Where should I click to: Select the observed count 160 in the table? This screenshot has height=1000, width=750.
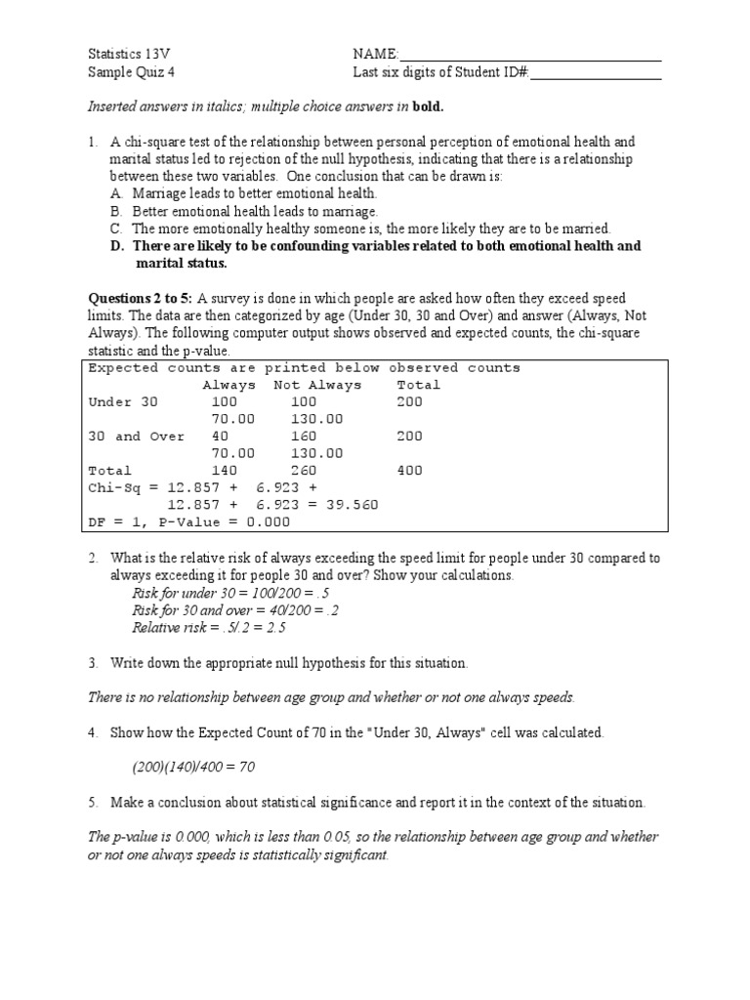point(304,437)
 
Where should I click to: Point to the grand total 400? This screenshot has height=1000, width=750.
point(410,471)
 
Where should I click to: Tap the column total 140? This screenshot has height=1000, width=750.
point(225,471)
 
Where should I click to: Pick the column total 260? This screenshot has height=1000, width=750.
point(304,471)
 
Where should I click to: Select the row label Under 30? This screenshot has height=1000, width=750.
point(122,402)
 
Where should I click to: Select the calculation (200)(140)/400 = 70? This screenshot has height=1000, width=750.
point(193,768)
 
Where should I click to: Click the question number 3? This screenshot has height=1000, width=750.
point(93,663)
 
